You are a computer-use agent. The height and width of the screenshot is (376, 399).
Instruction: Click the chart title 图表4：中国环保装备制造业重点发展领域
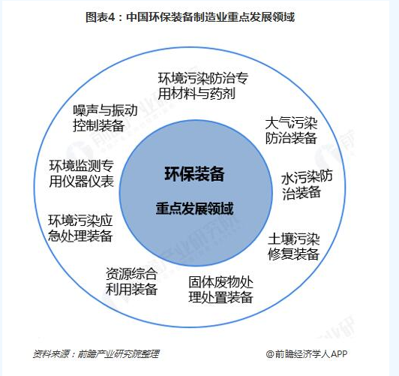[x=190, y=17]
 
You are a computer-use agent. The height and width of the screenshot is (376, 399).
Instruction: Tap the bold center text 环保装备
[x=194, y=174]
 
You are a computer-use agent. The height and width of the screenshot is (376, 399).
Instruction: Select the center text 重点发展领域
[x=195, y=209]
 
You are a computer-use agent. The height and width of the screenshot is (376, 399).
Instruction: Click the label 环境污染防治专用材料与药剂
[x=203, y=86]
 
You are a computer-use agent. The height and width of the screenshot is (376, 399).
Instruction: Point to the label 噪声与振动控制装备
[x=105, y=118]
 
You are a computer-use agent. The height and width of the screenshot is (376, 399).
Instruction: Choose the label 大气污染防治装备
[x=291, y=131]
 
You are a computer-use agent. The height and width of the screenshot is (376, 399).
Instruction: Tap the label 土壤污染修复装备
[x=294, y=246]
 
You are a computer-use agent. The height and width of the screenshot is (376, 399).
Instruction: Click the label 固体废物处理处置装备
[x=220, y=289]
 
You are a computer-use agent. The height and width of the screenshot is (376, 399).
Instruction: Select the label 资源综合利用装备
[x=131, y=281]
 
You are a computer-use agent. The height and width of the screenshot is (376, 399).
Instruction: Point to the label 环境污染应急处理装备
[x=80, y=228]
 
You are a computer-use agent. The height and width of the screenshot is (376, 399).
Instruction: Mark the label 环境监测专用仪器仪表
[x=82, y=173]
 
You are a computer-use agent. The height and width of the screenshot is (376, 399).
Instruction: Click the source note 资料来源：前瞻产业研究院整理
[x=96, y=353]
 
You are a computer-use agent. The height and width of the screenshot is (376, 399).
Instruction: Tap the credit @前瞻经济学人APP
[x=307, y=353]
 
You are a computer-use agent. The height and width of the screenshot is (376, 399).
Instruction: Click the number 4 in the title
[x=111, y=17]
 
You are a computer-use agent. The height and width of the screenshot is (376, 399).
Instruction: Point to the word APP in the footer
[x=339, y=353]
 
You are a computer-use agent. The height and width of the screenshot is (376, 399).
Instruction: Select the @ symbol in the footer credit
[x=270, y=353]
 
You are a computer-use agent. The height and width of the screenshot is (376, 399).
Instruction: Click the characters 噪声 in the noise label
[x=86, y=110]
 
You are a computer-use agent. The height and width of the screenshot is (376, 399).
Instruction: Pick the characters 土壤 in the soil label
[x=280, y=239]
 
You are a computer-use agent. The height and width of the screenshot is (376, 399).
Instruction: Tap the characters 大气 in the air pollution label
[x=278, y=123]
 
